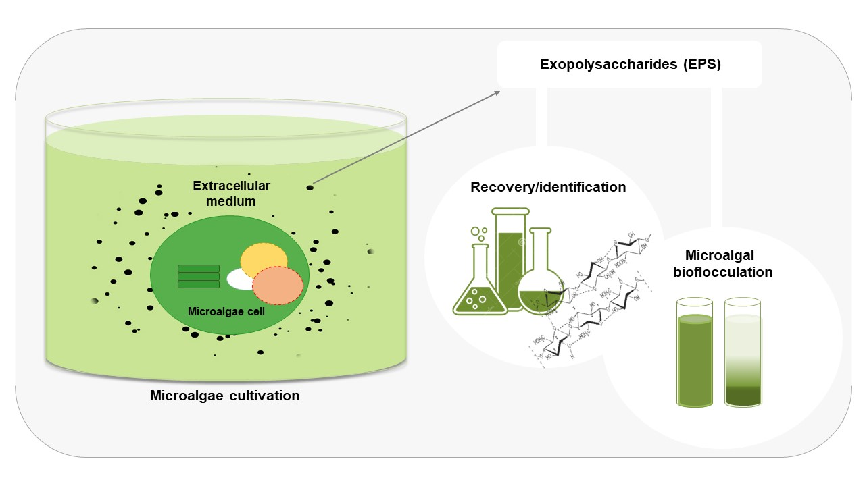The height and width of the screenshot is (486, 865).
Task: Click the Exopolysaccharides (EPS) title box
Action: pyautogui.click(x=630, y=64)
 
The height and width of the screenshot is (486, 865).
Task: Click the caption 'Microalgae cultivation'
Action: pyautogui.click(x=224, y=396)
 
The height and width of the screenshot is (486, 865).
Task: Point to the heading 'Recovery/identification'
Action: pyautogui.click(x=548, y=187)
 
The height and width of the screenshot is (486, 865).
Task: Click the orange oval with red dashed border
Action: pyautogui.click(x=278, y=286)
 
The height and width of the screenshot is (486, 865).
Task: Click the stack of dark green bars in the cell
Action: pyautogui.click(x=198, y=276)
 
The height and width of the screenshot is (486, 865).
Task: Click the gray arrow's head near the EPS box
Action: pyautogui.click(x=498, y=91)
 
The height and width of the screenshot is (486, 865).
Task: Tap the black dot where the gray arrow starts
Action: pyautogui.click(x=310, y=187)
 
